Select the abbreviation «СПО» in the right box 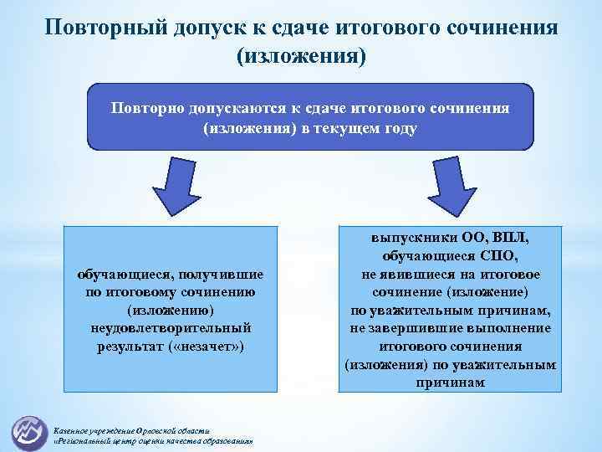[500, 256]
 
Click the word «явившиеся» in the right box [416, 275]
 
